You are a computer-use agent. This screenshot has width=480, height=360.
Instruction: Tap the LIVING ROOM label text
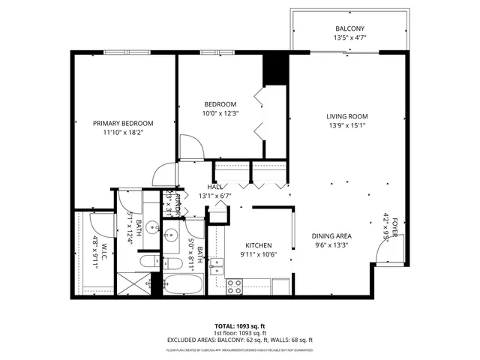(x=346, y=115)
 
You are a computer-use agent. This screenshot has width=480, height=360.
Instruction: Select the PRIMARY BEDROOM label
(x=123, y=123)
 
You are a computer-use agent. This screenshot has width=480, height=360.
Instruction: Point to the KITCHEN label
(x=259, y=246)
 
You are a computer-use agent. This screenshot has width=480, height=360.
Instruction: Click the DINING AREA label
(x=332, y=236)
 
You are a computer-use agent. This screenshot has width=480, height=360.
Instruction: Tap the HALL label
(x=214, y=187)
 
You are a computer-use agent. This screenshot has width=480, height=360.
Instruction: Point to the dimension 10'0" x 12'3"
(x=220, y=113)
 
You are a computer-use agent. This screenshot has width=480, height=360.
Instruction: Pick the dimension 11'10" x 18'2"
(x=123, y=132)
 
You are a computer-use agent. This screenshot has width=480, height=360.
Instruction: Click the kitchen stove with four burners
(x=235, y=286)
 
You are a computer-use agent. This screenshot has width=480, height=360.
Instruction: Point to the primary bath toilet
(x=149, y=262)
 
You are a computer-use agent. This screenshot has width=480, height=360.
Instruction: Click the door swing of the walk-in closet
(x=98, y=223)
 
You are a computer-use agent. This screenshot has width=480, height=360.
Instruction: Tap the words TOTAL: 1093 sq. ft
(x=240, y=325)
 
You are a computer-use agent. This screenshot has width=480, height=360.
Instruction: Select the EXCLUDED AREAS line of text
(x=240, y=340)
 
